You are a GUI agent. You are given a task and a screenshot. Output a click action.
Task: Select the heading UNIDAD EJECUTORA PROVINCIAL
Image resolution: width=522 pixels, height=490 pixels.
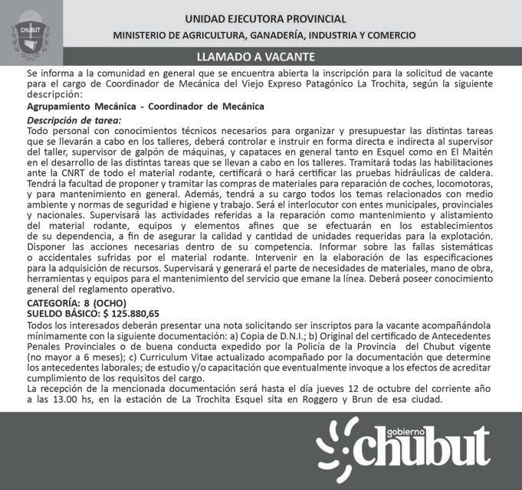(265, 18)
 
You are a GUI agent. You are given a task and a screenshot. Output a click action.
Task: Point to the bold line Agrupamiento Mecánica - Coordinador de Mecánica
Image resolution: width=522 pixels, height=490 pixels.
(146, 106)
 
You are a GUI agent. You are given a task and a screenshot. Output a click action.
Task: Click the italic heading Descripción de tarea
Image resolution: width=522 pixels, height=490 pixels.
(74, 121)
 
